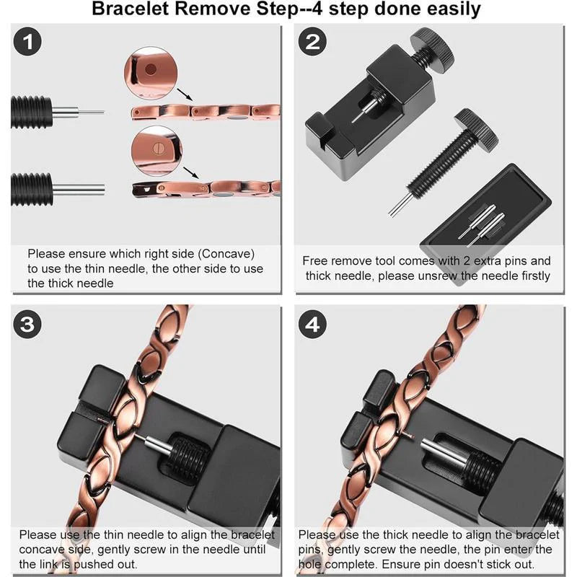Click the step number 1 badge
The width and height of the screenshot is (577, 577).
[x=28, y=42]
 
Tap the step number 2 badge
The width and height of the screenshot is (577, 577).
[x=312, y=42]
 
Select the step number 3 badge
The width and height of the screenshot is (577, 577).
[x=28, y=324]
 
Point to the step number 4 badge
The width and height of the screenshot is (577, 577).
[x=312, y=324]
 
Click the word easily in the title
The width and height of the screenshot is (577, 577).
[x=456, y=9]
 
